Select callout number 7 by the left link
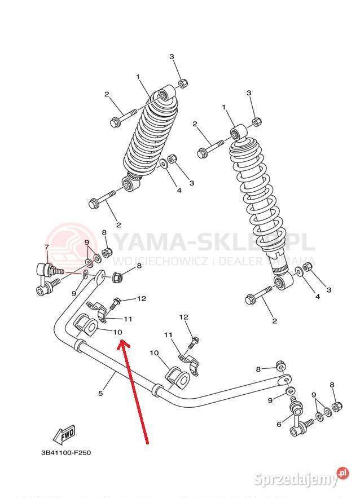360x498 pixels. point(47,247)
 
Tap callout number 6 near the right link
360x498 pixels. point(279,425)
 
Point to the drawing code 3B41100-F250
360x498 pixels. point(65,452)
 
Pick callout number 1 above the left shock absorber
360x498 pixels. point(137,76)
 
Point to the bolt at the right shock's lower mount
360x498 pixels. point(258,295)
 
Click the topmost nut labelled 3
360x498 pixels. point(183,83)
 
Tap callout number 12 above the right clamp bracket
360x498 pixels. point(183,318)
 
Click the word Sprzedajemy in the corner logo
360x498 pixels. point(295,479)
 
